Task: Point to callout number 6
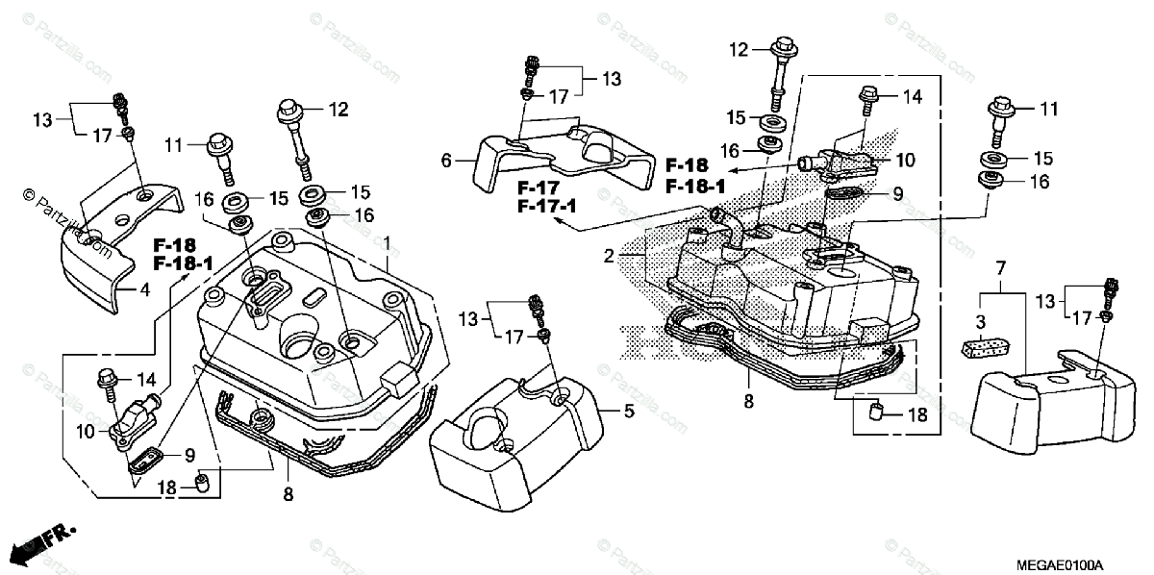pos(444,162)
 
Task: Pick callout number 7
pos(1000,264)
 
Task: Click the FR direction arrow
pos(42,544)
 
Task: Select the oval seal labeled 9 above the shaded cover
pos(844,195)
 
